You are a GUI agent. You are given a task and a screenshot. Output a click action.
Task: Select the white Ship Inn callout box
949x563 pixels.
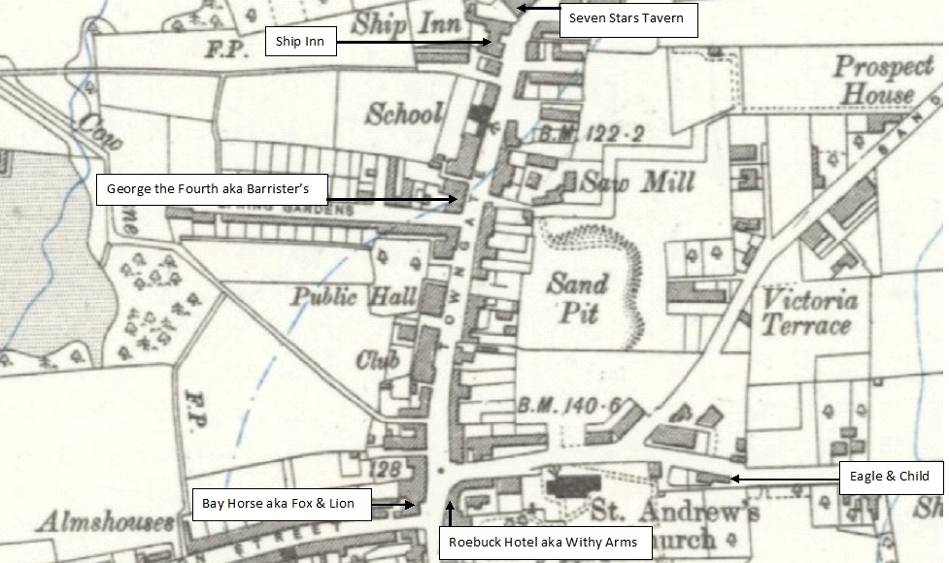tap(300, 42)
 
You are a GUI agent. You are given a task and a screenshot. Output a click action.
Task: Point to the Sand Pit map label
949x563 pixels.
tap(576, 297)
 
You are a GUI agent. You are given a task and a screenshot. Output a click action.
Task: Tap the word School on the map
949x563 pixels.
tap(403, 114)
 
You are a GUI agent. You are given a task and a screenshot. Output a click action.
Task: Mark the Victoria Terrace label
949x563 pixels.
tap(809, 312)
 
